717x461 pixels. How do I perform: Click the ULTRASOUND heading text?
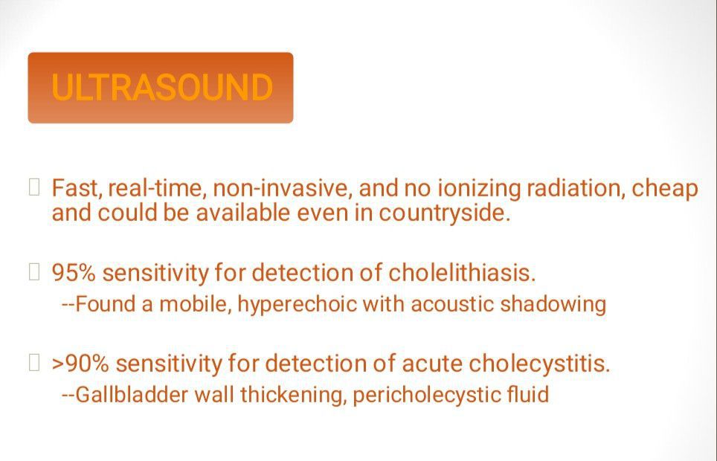point(162,87)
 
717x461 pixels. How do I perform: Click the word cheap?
point(665,189)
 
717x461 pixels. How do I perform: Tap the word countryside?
point(444,213)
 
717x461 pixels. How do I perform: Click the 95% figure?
point(74,273)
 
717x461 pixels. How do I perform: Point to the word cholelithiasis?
point(462,273)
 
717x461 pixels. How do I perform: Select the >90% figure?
point(80,364)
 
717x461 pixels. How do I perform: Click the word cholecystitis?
point(539,364)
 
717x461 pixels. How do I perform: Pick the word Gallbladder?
point(131,395)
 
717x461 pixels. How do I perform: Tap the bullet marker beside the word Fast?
point(33,187)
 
